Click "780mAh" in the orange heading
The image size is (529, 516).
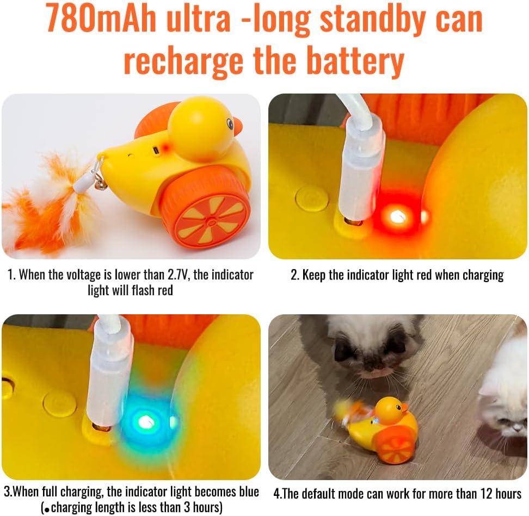(x=101, y=19)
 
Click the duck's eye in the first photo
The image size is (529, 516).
(x=230, y=123)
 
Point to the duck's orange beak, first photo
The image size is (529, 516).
(x=237, y=126)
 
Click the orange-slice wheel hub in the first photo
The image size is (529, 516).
(x=211, y=221)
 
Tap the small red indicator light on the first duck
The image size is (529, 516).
(x=165, y=147)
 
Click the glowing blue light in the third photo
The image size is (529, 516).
(x=146, y=420)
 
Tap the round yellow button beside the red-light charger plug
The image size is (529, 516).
(x=311, y=198)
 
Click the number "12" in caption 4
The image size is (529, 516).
(x=486, y=493)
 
